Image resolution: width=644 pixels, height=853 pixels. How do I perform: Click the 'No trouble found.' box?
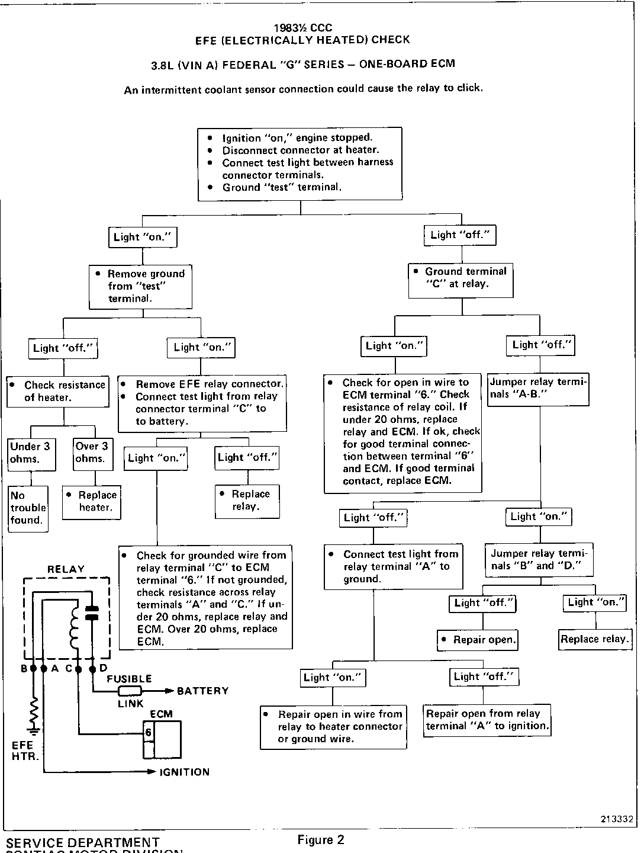coord(28,508)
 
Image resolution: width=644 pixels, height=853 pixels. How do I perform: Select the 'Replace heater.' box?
coord(91,502)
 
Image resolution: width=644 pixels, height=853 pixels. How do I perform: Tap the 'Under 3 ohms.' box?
coord(31,453)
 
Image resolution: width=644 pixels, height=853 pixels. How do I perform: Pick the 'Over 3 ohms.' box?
coord(93,453)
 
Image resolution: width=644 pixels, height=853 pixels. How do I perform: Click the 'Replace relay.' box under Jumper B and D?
coord(594,639)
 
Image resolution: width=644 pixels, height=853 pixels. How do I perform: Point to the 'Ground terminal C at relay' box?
coord(461,278)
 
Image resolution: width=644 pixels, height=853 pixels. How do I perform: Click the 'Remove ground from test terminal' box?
coord(140,286)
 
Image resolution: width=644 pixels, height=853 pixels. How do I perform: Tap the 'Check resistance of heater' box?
coord(58,391)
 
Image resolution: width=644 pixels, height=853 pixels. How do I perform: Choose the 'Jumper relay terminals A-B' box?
coord(538,389)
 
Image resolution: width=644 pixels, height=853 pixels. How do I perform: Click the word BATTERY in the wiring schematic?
coord(202,691)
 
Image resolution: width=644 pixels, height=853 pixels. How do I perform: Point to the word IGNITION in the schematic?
coord(184,772)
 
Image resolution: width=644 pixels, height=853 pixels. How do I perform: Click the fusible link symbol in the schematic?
coord(130,691)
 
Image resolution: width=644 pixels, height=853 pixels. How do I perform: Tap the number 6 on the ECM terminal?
coord(148,733)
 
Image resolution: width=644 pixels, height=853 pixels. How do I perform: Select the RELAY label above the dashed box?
coord(66,569)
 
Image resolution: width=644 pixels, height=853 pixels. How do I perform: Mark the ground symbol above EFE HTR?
coord(34,728)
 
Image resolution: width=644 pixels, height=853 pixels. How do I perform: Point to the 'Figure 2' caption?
coord(320,839)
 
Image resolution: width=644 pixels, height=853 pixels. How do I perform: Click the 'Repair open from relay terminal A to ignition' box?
coord(487,720)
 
